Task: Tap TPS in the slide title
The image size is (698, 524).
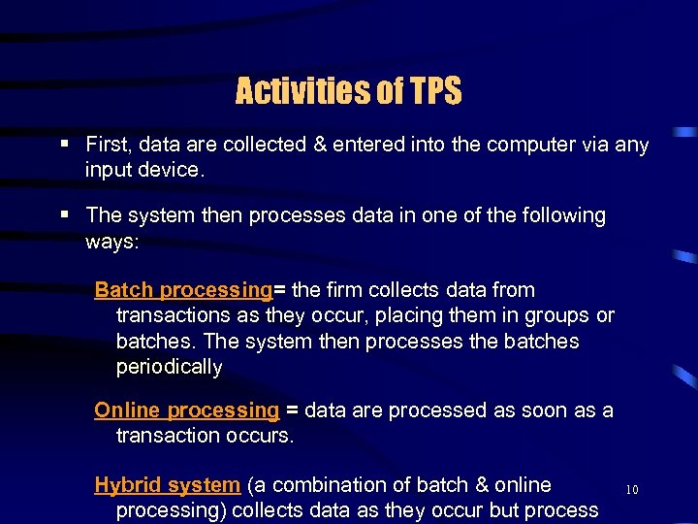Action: click(434, 92)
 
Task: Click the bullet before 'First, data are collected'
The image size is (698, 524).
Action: click(64, 145)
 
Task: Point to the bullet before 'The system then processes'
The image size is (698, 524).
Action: click(64, 214)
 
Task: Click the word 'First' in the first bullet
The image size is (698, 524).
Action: click(109, 146)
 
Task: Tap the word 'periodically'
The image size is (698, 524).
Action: click(169, 368)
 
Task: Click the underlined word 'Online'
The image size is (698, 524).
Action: click(127, 410)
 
